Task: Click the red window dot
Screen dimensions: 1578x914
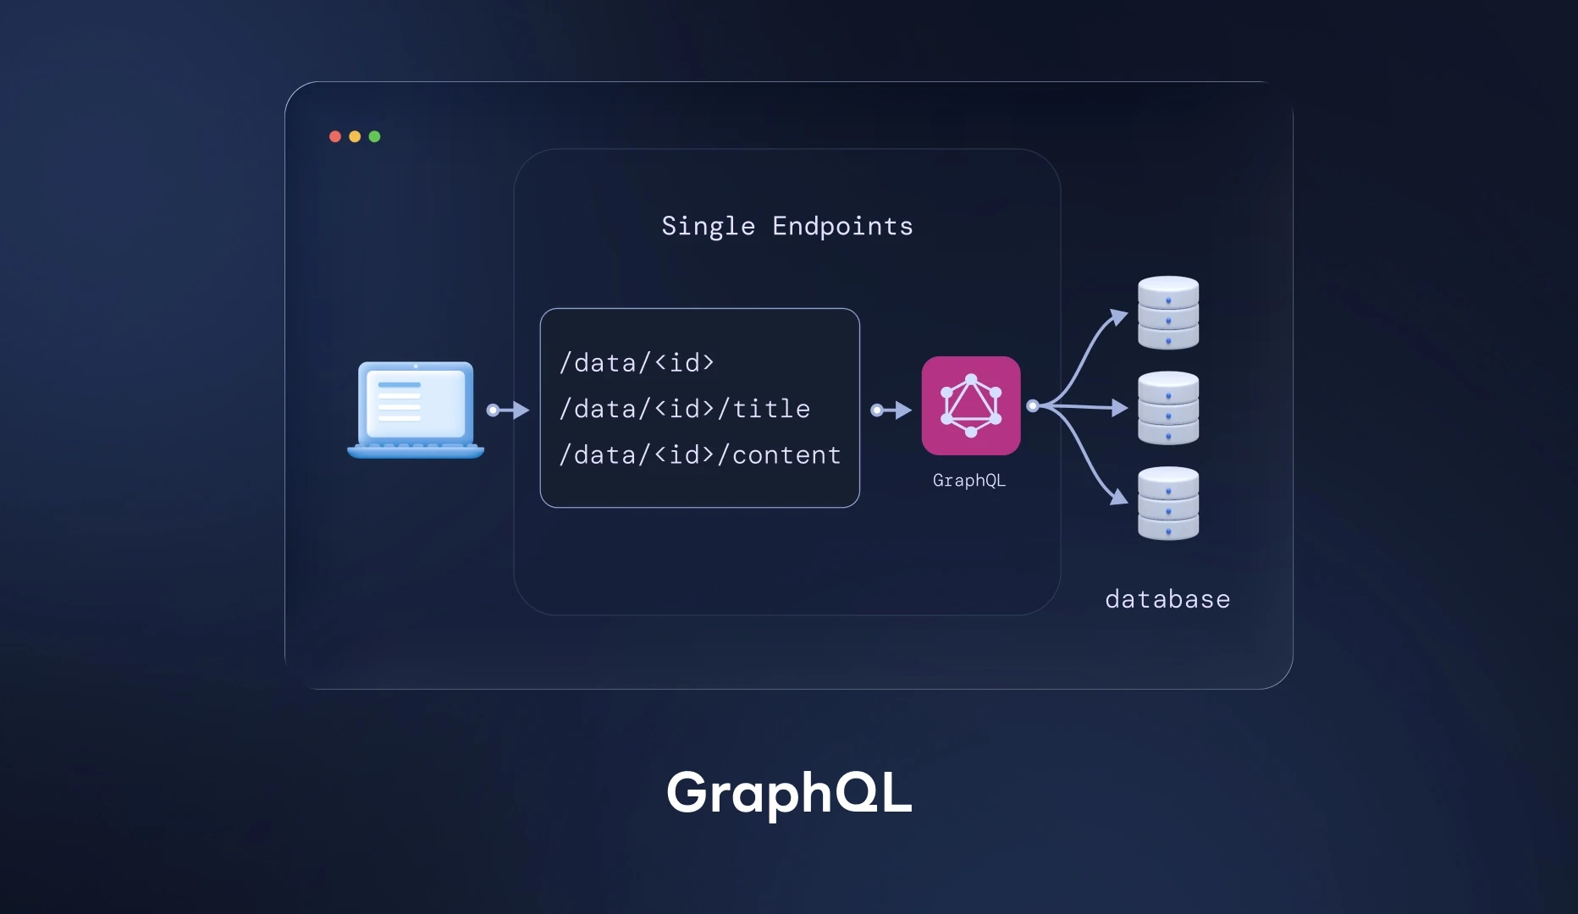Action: point(335,136)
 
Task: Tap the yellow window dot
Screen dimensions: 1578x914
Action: point(355,136)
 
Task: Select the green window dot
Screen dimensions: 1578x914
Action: point(374,136)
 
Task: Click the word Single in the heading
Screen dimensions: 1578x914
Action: point(708,227)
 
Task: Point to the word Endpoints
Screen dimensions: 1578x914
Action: point(842,227)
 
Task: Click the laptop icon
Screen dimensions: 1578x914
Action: point(416,410)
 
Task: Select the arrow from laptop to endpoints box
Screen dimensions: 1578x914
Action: point(508,410)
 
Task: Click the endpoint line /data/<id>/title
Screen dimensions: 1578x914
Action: point(684,409)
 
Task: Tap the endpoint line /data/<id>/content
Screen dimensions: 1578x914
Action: point(699,455)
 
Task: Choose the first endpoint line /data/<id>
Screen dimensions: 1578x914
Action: point(637,363)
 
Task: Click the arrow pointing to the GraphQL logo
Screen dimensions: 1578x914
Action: point(891,410)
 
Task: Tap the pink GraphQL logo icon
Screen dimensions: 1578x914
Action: point(971,405)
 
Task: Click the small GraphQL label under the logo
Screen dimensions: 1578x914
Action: point(968,481)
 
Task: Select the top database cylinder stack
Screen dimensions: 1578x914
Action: point(1168,312)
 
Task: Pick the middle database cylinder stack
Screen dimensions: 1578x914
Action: point(1168,408)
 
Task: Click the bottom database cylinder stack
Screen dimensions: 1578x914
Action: point(1168,503)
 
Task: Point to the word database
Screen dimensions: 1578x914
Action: point(1167,599)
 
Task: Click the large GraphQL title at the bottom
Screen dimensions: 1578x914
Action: point(789,793)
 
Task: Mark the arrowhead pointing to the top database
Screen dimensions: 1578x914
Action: point(1120,317)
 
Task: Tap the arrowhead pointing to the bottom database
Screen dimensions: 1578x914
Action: point(1120,497)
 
